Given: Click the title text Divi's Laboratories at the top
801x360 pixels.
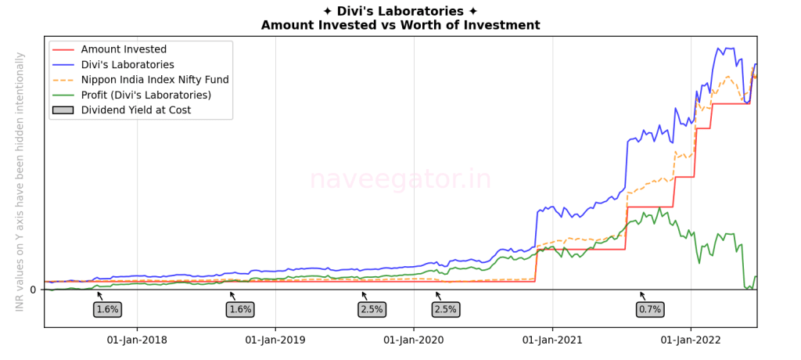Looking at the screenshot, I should (400, 11).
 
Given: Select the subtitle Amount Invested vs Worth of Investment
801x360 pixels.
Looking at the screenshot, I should (400, 25).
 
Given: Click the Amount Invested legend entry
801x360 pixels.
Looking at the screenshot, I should (124, 50).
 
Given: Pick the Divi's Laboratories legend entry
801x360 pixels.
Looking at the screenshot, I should (128, 65).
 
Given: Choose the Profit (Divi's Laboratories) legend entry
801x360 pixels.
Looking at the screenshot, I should (146, 95).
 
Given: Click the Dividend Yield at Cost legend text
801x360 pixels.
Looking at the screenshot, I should (135, 110).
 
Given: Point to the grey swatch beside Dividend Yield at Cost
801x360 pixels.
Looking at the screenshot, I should (63, 110).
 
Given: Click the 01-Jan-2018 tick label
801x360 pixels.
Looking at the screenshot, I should (136, 340).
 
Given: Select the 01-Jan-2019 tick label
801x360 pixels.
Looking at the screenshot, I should (275, 340).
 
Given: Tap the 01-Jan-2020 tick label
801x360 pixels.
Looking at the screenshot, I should (414, 340).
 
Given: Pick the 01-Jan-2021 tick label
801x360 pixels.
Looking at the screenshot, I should (552, 340).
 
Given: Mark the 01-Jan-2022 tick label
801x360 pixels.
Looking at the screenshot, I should (691, 340).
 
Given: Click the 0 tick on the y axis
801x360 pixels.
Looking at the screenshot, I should (33, 290).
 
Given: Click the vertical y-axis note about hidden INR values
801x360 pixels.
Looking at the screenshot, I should (20, 182).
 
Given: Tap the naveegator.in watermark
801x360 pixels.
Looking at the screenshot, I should (400, 180).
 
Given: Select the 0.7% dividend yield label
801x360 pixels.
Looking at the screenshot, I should (650, 309).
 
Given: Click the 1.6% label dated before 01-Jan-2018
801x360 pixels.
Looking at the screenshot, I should (107, 309).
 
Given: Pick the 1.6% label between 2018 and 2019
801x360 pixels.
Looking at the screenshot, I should (240, 309).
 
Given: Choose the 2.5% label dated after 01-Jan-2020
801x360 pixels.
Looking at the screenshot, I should (445, 309).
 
